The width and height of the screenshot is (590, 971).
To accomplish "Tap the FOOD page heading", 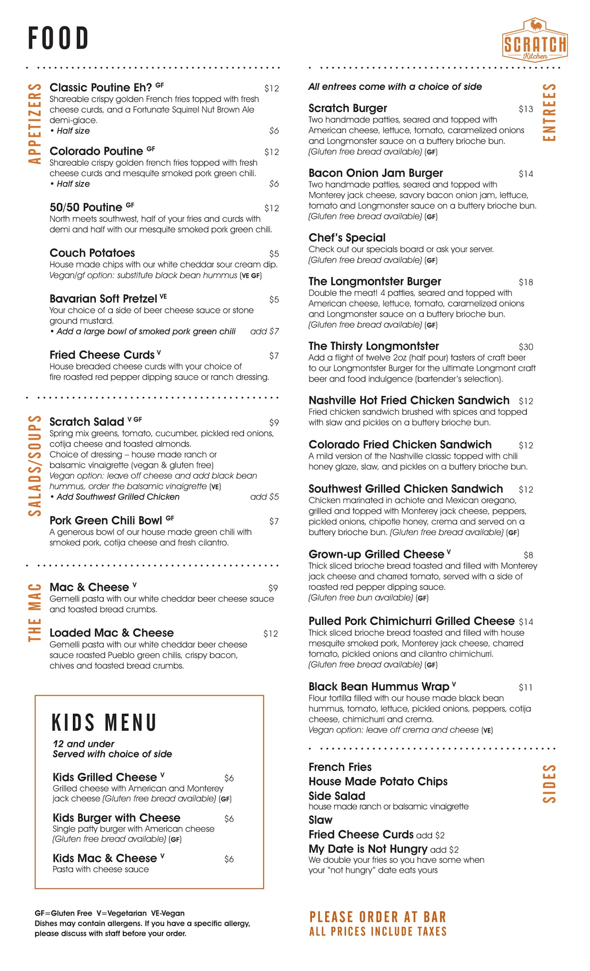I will tap(58, 39).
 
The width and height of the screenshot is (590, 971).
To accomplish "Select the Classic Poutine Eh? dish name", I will tap(101, 88).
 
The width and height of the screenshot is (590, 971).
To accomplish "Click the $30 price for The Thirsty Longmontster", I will tap(526, 347).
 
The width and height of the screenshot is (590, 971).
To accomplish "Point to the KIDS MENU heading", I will tap(104, 722).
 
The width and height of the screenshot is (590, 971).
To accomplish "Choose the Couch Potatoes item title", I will tap(92, 253).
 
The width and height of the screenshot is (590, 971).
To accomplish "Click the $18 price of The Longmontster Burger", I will tap(526, 283).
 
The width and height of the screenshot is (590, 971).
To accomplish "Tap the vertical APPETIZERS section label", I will tap(35, 123).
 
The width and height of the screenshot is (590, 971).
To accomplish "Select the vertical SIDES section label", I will tap(549, 783).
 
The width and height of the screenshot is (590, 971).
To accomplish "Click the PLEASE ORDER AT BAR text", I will tap(378, 917).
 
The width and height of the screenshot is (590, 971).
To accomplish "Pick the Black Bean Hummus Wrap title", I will tap(379, 687).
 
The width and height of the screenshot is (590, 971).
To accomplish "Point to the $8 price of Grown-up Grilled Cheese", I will tap(528, 555).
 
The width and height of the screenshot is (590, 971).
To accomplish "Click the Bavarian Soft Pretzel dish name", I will tap(104, 299).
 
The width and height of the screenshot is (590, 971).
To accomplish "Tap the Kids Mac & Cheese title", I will tap(104, 858).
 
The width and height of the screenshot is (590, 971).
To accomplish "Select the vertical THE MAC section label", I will tap(35, 612).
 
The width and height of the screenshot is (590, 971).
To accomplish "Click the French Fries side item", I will tap(340, 767).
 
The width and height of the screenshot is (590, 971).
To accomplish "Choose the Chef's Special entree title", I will tap(347, 238).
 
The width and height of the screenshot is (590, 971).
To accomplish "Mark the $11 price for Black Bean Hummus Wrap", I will tap(526, 687).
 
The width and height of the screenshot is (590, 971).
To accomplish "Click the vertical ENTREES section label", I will tap(549, 112).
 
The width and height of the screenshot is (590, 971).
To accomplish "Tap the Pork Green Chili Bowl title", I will tap(106, 521).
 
